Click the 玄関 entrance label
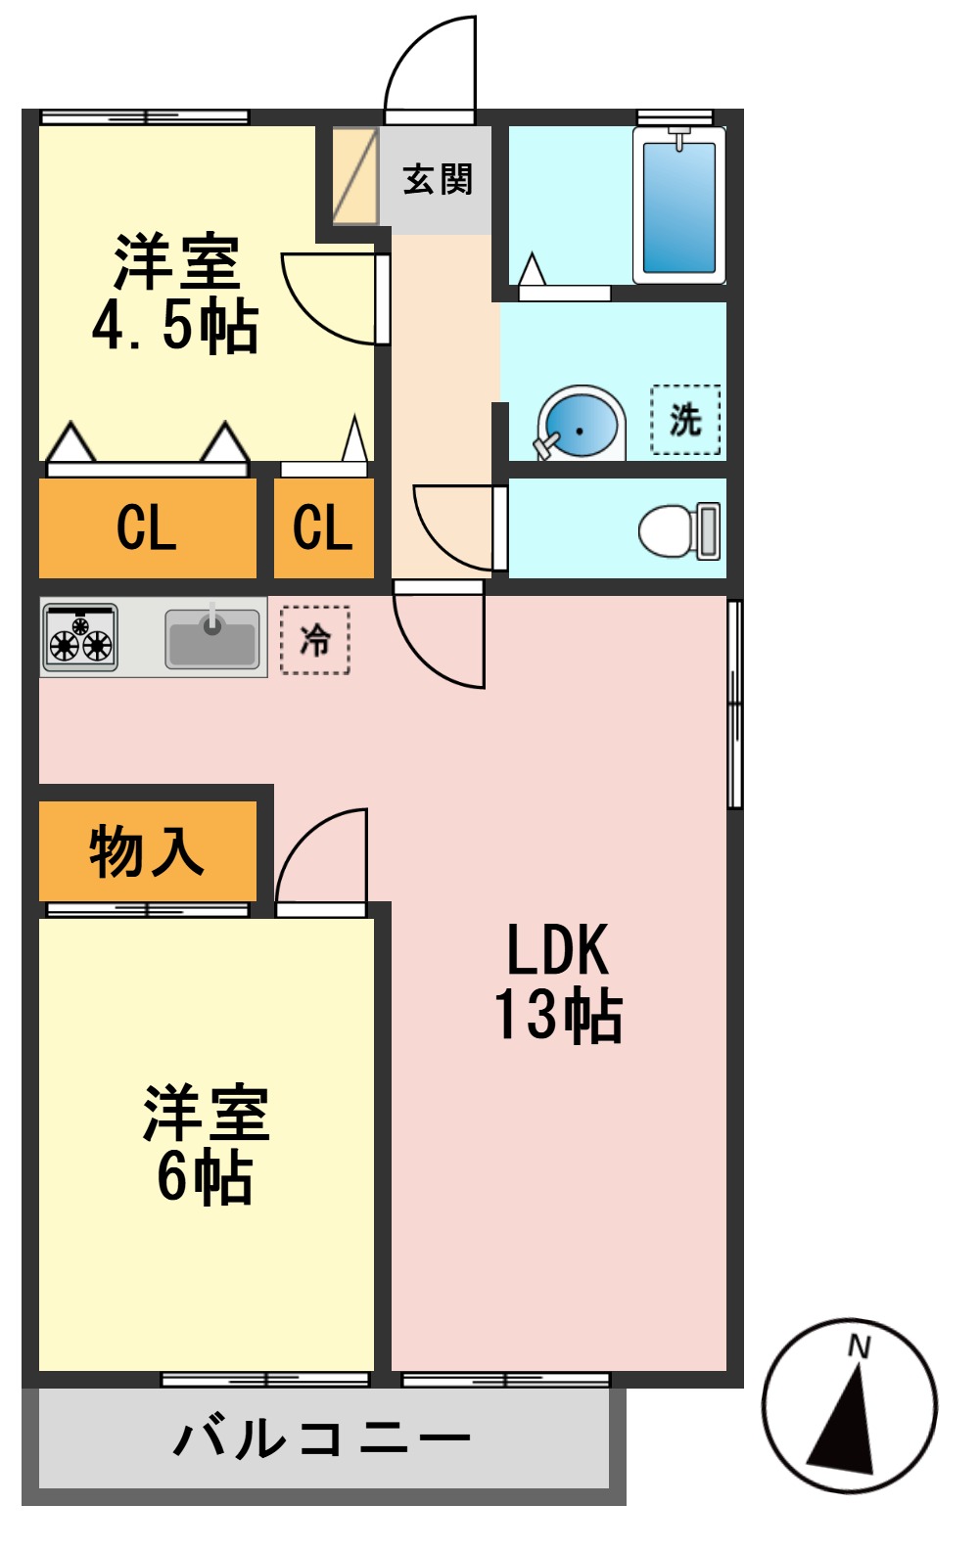tap(438, 180)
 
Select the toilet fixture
tap(678, 530)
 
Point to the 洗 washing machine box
tap(685, 420)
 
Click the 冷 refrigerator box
tap(315, 640)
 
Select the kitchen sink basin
tap(212, 638)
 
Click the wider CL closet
tap(147, 528)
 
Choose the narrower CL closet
tap(323, 528)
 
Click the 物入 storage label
tap(147, 851)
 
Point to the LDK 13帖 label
tap(558, 981)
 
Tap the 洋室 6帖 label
tap(206, 1143)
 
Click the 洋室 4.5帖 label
tap(176, 293)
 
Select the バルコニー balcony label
tap(323, 1438)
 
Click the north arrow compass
tap(849, 1405)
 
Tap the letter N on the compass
tap(859, 1347)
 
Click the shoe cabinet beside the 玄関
tap(354, 176)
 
